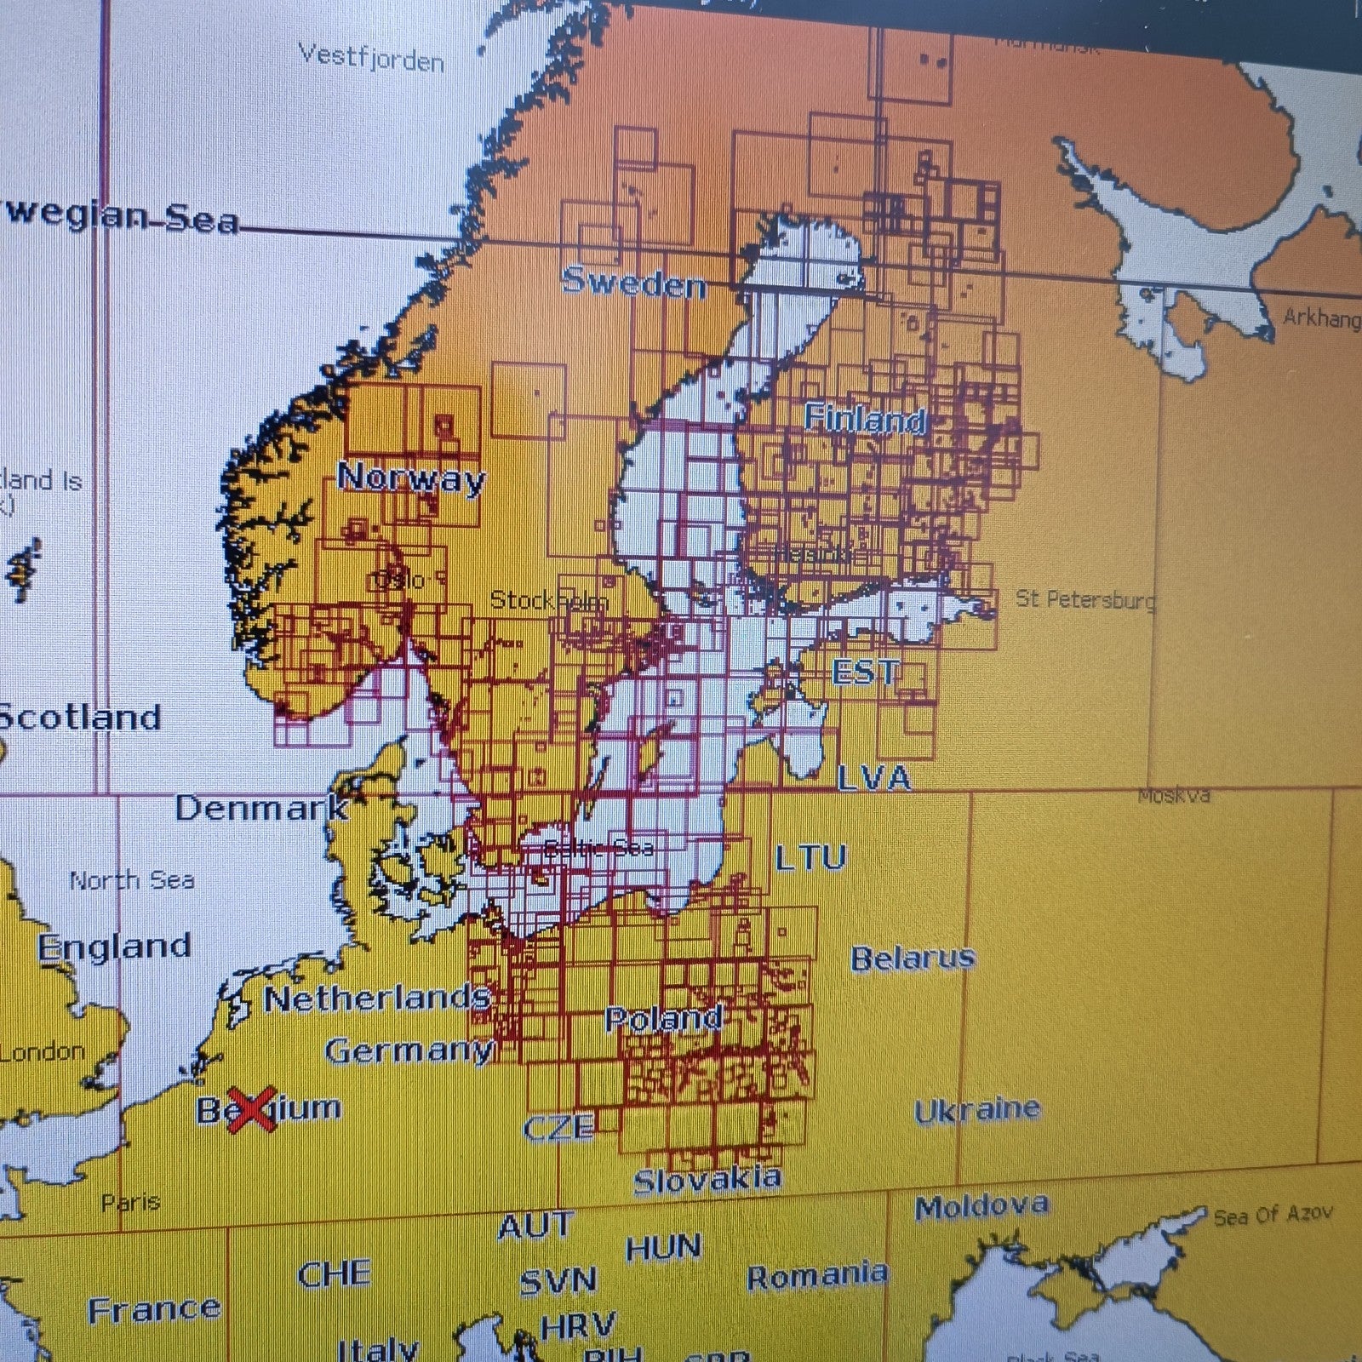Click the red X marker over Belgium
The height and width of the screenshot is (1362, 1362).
click(252, 1109)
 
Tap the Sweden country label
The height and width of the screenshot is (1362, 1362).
click(634, 283)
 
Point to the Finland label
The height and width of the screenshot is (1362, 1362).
click(865, 419)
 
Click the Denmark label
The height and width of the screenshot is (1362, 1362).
click(261, 808)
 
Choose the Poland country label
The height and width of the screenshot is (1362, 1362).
click(663, 1019)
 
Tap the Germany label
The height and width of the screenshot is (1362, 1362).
click(409, 1051)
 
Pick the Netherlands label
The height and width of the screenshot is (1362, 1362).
click(377, 999)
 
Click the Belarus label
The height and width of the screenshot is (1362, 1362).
click(913, 959)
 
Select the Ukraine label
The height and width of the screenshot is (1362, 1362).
click(976, 1110)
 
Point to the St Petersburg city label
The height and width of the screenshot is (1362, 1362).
click(1085, 600)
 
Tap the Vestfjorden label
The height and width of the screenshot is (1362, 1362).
click(371, 59)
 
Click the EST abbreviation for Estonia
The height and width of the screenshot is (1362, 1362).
click(864, 672)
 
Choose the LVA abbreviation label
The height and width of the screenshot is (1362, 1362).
click(873, 778)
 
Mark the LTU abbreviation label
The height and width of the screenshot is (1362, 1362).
click(810, 858)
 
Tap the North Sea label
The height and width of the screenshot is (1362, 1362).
click(132, 880)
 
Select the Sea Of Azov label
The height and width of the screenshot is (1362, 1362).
click(1273, 1216)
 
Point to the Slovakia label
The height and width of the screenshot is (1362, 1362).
click(707, 1180)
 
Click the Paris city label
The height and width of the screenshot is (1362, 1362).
click(130, 1203)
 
